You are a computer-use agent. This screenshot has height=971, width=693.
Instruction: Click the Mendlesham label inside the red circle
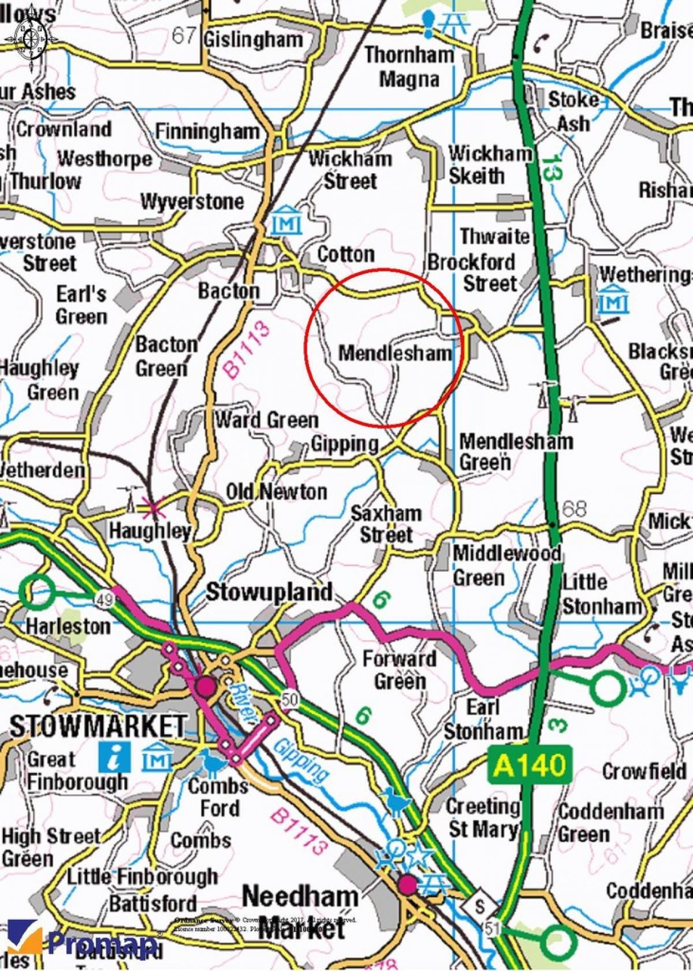(x=394, y=352)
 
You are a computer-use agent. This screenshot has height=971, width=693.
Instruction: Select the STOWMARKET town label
(x=98, y=726)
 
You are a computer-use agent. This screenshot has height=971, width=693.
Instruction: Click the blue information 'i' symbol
(x=114, y=757)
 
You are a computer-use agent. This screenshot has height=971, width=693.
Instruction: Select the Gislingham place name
(x=254, y=40)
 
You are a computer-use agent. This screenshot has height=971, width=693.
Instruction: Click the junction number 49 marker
(x=106, y=601)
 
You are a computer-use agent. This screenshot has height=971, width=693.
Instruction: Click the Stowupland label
(x=269, y=592)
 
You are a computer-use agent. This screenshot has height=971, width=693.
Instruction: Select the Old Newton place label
(x=276, y=492)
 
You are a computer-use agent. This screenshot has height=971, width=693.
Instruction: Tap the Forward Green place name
(x=399, y=670)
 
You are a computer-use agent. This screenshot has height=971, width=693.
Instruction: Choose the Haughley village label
(x=150, y=530)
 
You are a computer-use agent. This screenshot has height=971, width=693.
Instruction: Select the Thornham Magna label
(x=409, y=67)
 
